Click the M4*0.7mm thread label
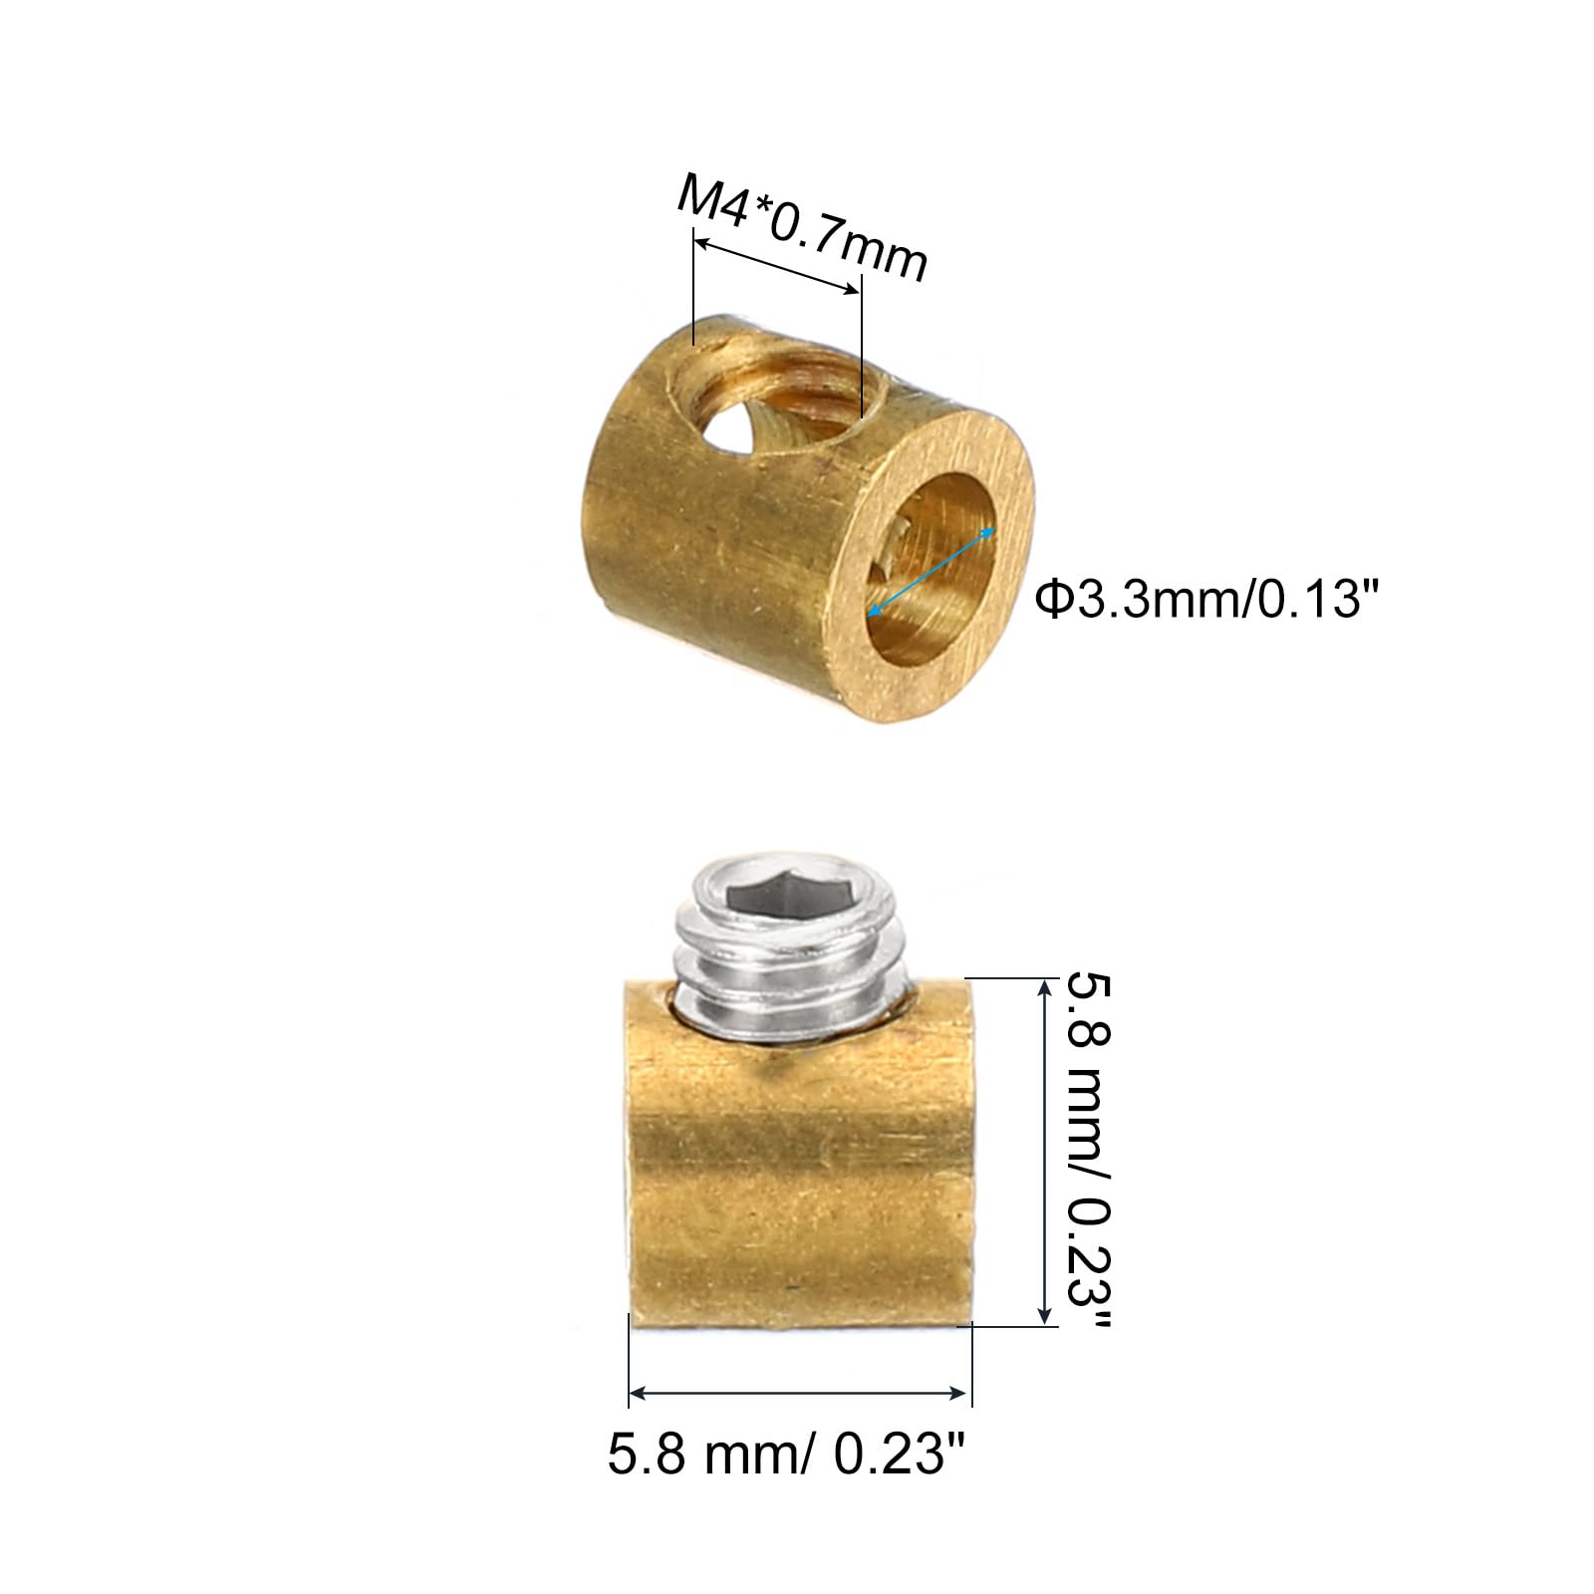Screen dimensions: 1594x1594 click(803, 228)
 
